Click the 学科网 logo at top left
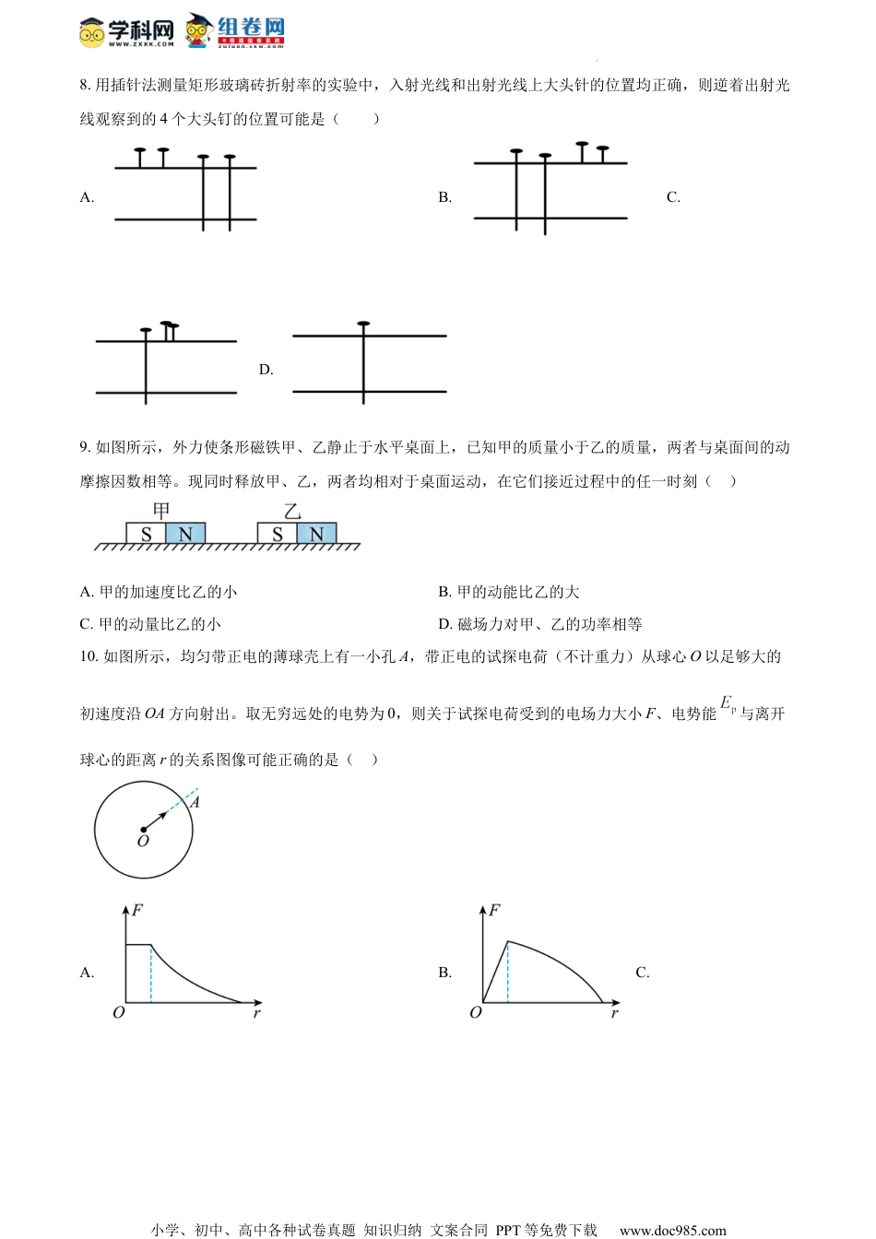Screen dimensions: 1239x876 pos(126,31)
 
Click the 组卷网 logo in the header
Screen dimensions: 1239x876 pos(236,29)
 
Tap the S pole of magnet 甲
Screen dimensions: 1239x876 pos(146,534)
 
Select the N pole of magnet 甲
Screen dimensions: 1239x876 pos(185,534)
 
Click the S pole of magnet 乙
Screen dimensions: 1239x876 pos(277,534)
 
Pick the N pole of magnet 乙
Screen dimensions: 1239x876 pos(316,534)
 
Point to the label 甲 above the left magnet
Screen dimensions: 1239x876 pos(161,511)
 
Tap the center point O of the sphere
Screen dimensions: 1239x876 pos(144,830)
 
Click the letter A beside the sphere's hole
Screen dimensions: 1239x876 pos(195,802)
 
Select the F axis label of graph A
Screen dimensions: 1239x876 pos(137,911)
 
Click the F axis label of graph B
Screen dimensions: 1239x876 pos(494,911)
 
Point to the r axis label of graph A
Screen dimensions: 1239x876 pos(256,1013)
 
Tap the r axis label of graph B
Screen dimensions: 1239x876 pos(614,1013)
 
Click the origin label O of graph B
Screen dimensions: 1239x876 pos(476,1012)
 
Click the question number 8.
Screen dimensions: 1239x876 pos(85,86)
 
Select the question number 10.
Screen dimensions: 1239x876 pos(89,656)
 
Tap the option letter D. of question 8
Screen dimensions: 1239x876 pos(266,370)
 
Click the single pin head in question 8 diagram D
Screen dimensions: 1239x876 pos(363,324)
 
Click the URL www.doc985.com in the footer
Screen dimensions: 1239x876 pos(672,1230)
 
